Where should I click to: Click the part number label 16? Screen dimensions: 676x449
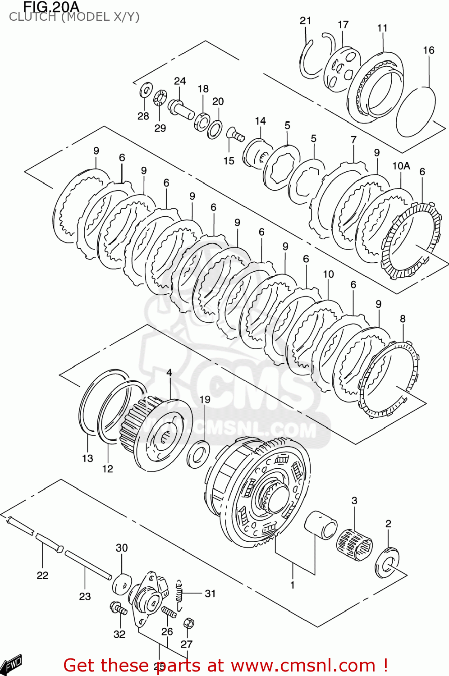click(x=428, y=50)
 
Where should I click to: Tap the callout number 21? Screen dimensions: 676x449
click(x=305, y=20)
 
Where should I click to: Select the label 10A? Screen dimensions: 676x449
click(x=401, y=166)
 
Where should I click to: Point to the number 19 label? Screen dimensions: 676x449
click(x=205, y=399)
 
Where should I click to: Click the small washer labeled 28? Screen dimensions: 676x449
click(x=146, y=90)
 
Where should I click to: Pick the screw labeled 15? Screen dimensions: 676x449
click(x=235, y=133)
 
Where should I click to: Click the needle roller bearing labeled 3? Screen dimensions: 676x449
click(x=354, y=544)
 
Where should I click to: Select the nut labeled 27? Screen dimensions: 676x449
click(x=189, y=623)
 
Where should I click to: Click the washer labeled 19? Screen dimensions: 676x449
click(x=198, y=455)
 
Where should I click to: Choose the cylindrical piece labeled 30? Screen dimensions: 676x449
click(x=122, y=584)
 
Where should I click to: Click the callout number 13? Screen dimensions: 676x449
click(x=87, y=458)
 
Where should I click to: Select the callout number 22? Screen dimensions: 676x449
click(x=42, y=575)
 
